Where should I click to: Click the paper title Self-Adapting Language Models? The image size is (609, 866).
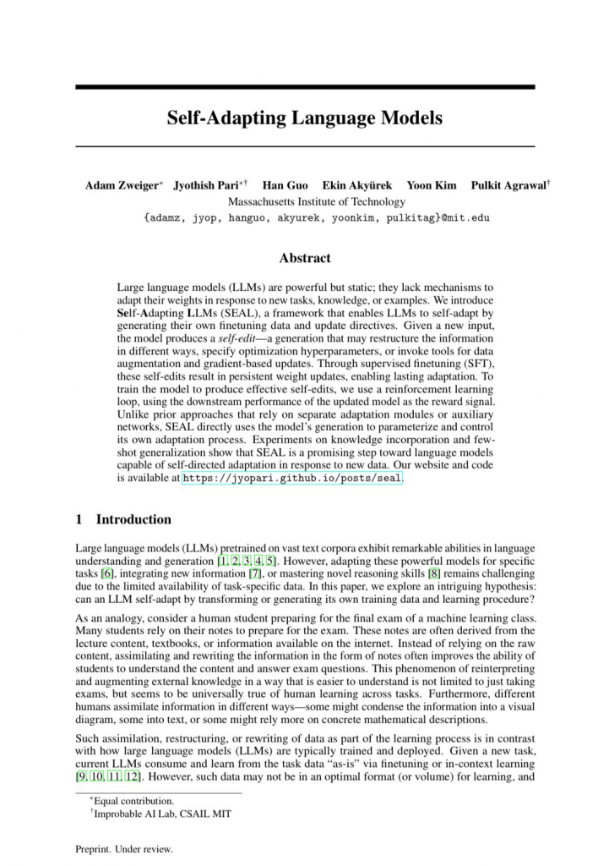(x=304, y=118)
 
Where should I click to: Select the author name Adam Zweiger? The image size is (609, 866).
(x=122, y=185)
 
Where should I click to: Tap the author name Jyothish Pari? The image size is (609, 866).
(x=207, y=185)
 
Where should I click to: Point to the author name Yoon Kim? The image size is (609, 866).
(x=432, y=185)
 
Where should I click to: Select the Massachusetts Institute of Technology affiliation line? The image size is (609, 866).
(x=317, y=202)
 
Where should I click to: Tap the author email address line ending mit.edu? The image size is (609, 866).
(x=317, y=217)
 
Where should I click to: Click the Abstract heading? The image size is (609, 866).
(x=304, y=258)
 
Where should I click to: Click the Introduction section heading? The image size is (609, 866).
(x=133, y=519)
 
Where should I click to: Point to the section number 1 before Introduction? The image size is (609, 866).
(x=79, y=519)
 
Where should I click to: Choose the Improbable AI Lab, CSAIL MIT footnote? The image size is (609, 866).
(x=161, y=814)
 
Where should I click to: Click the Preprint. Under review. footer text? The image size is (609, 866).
(x=123, y=848)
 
